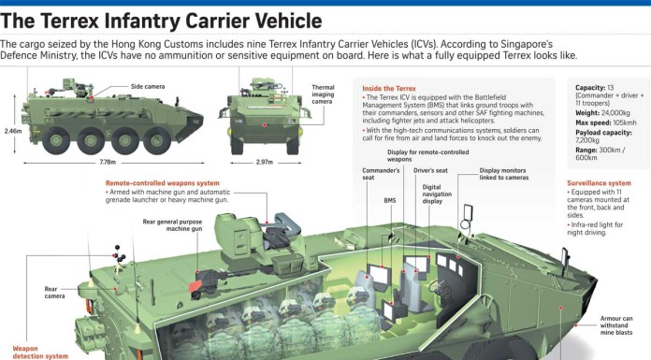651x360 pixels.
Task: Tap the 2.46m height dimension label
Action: click(13, 131)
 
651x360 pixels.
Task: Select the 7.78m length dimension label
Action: click(108, 162)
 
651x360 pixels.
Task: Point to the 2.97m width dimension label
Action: click(265, 162)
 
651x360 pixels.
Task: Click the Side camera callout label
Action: click(148, 86)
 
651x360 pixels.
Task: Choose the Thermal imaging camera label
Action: click(323, 94)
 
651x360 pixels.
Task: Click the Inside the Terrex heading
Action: click(389, 89)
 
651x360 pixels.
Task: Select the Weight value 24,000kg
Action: click(615, 113)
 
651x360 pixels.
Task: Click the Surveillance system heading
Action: click(600, 183)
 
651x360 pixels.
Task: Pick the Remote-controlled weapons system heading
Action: click(163, 183)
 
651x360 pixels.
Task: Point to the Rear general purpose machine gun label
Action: click(172, 225)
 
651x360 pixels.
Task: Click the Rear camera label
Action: click(54, 293)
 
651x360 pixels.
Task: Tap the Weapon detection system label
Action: click(40, 353)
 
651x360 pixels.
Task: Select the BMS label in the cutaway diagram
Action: click(390, 200)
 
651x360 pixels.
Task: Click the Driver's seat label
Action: click(430, 171)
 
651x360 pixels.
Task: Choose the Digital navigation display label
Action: click(437, 194)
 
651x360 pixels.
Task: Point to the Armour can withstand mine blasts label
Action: click(616, 325)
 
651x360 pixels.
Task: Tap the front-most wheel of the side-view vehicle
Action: click(157, 141)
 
